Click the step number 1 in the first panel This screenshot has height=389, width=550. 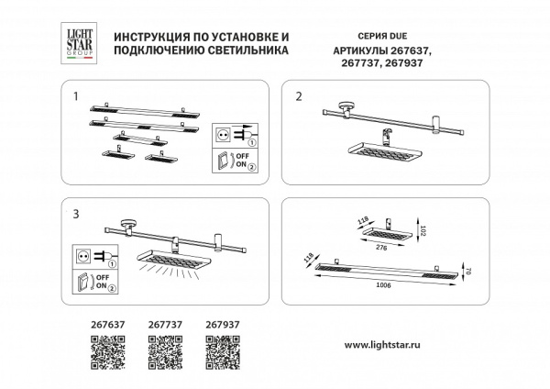click(76, 95)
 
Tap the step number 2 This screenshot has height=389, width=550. click(298, 95)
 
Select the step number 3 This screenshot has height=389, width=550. click(76, 213)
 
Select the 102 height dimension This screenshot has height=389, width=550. click(423, 233)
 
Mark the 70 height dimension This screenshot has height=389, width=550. click(467, 272)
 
